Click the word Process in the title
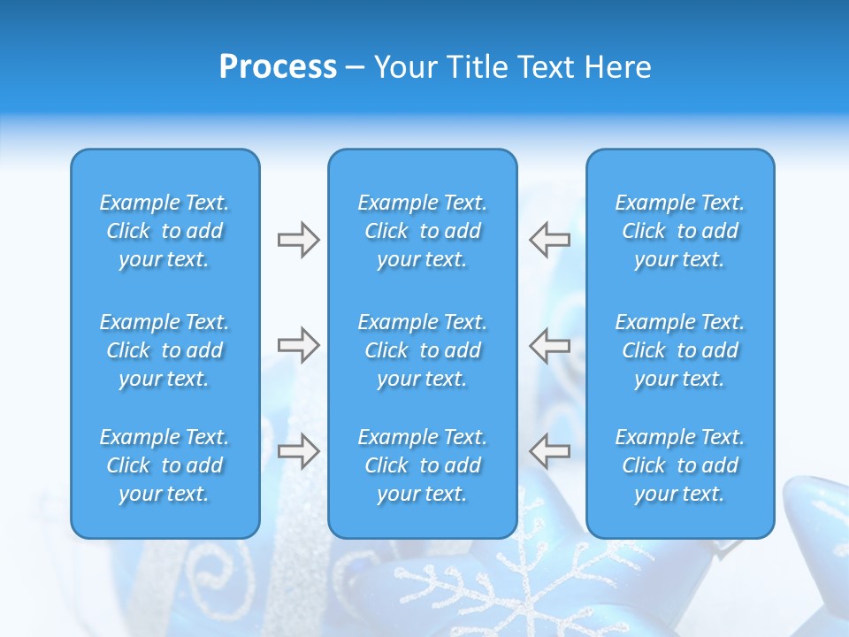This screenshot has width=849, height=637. [x=278, y=67]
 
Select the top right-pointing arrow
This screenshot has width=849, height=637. [x=298, y=240]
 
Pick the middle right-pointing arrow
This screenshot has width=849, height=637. [x=298, y=345]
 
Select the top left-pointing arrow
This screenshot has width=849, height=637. [x=550, y=240]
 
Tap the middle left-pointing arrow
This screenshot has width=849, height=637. [x=550, y=345]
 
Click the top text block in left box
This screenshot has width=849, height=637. [x=164, y=231]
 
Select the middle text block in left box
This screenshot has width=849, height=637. [x=164, y=350]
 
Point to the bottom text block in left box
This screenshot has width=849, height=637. [x=164, y=465]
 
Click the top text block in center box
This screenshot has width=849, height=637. [x=422, y=231]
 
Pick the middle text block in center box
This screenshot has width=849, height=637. [x=422, y=350]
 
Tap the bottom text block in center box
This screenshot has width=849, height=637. [x=422, y=465]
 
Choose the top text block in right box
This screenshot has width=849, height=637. [x=679, y=231]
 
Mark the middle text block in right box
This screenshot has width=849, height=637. [x=679, y=350]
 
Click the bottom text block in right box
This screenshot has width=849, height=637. [x=679, y=465]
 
